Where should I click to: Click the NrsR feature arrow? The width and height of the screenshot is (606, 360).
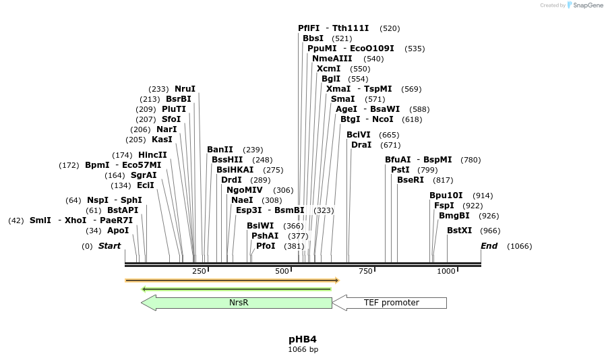pyautogui.click(x=237, y=303)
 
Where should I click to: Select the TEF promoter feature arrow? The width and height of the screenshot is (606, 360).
pyautogui.click(x=390, y=303)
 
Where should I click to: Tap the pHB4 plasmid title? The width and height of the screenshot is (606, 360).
pyautogui.click(x=303, y=339)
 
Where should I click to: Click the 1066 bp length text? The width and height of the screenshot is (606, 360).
pyautogui.click(x=303, y=349)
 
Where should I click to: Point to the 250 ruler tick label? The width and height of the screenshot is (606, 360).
pyautogui.click(x=199, y=271)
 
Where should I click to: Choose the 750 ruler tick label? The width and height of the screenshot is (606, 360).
pyautogui.click(x=365, y=271)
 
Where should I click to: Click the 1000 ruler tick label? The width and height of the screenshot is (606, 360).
pyautogui.click(x=446, y=271)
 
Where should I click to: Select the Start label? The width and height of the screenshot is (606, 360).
pyautogui.click(x=109, y=246)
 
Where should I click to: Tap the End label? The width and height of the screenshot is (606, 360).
pyautogui.click(x=489, y=246)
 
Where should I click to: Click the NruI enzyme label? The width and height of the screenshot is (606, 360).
pyautogui.click(x=185, y=89)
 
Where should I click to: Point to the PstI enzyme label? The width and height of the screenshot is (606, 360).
pyautogui.click(x=400, y=170)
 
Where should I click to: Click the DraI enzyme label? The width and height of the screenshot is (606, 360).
pyautogui.click(x=361, y=145)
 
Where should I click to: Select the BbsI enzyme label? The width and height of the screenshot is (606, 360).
pyautogui.click(x=313, y=38)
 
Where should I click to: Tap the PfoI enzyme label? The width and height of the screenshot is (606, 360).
pyautogui.click(x=266, y=246)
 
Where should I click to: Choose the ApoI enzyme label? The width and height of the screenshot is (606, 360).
pyautogui.click(x=118, y=231)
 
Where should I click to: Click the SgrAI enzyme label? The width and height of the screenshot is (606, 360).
pyautogui.click(x=144, y=175)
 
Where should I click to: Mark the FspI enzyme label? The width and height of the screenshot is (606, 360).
pyautogui.click(x=444, y=206)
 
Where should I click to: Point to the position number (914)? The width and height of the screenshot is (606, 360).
pyautogui.click(x=483, y=196)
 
